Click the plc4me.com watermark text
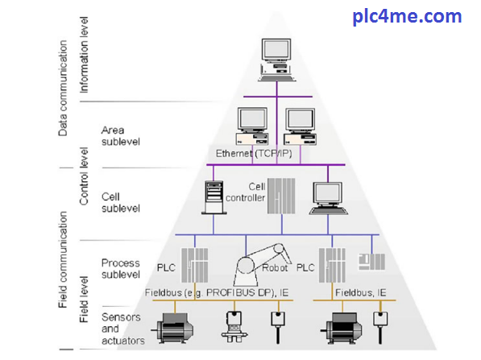407,17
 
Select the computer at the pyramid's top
276,60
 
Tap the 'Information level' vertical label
84,55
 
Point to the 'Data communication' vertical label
63,88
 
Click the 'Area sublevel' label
121,136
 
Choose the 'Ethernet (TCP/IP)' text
254,153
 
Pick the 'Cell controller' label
246,192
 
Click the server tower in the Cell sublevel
214,197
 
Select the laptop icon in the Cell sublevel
328,198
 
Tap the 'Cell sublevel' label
121,202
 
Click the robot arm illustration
262,265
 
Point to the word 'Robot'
275,268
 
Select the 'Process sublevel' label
121,269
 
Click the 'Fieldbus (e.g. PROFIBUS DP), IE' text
217,292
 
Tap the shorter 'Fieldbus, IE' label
360,292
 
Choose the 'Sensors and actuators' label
122,329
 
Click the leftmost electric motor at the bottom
172,328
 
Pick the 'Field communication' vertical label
63,259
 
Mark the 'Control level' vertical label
84,176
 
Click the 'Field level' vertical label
84,300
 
